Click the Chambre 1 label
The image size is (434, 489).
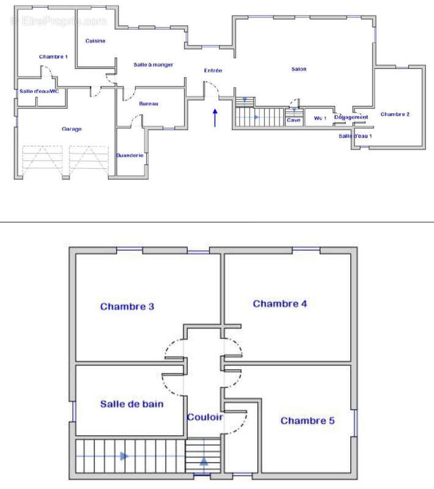point(53,57)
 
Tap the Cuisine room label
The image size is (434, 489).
point(95,41)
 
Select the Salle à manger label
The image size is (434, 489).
point(153,64)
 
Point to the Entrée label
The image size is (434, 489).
point(213,71)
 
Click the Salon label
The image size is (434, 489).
point(299,69)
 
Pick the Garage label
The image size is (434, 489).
point(72,129)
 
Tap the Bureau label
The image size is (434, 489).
point(149,104)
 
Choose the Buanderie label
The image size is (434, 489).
point(130,155)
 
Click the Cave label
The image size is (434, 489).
point(294,120)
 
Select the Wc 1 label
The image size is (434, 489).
point(320,118)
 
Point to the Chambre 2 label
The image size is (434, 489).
point(395,114)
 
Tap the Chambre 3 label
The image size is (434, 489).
point(127,306)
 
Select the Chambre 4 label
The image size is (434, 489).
point(279,303)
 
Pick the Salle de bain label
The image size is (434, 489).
point(131,404)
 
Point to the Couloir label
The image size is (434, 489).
point(205,417)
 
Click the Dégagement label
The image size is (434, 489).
point(351,117)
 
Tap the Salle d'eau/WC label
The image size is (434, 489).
point(39,91)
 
